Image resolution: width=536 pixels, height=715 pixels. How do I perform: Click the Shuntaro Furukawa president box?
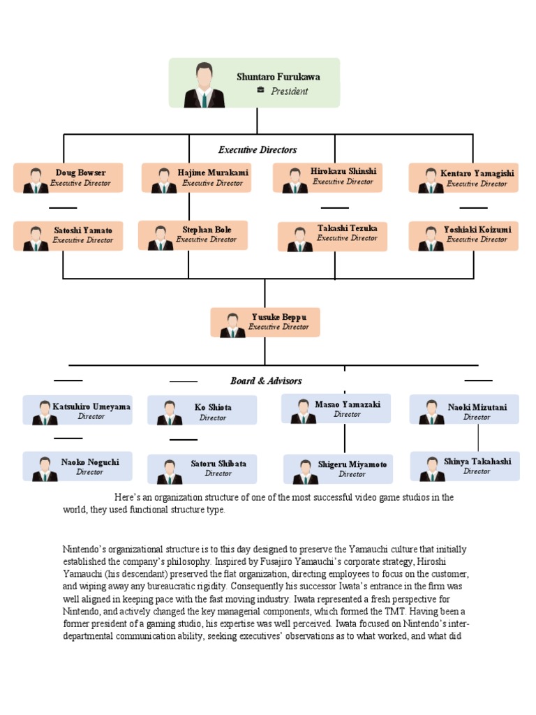254,82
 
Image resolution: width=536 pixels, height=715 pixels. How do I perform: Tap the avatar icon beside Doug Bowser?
36,180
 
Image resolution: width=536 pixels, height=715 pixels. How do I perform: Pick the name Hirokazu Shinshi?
343,171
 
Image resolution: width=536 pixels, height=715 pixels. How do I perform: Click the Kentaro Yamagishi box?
463,178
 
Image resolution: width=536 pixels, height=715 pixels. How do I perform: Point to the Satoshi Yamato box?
68,235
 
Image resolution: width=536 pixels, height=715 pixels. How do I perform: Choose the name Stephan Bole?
207,230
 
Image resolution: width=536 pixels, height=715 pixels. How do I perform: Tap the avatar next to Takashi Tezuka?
300,239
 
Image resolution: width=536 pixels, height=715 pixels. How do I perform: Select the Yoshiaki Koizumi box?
463,235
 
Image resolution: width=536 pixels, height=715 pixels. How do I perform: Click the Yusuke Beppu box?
265,322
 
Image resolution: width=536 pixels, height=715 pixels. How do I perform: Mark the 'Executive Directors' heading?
258,149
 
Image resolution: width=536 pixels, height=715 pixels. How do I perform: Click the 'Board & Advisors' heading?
266,381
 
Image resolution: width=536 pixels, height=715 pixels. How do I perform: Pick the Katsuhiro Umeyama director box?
77,411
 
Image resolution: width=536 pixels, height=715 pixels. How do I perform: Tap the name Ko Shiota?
213,407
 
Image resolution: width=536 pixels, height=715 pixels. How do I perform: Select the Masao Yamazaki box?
336,409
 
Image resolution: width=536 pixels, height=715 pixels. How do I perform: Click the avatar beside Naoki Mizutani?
431,412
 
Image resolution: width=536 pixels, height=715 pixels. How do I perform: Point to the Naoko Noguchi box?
77,466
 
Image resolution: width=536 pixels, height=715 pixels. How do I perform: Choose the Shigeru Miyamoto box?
338,469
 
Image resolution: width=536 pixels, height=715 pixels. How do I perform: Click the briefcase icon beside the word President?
260,90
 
